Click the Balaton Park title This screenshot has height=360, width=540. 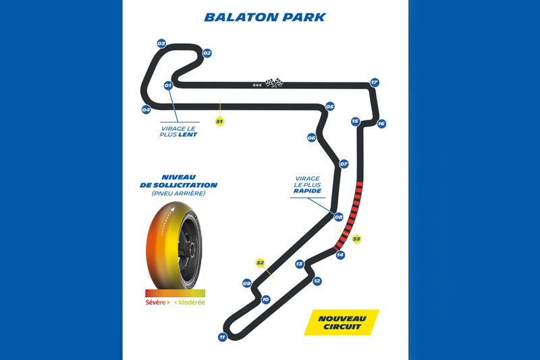point(265,16)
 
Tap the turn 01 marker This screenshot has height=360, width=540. point(168,86)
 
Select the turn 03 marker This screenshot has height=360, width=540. point(161,43)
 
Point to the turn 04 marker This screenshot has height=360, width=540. point(146,109)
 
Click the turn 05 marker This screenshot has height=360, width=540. point(330,106)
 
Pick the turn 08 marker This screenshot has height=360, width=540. point(339,217)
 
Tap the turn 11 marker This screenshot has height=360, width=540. point(222,337)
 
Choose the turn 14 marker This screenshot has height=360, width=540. point(340,255)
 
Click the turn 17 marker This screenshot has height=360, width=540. point(375,82)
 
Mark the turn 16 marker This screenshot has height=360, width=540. point(381,124)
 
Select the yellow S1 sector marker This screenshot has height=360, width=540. point(219,122)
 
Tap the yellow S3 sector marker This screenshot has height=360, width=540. point(357,238)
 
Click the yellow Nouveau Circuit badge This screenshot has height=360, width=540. point(341,322)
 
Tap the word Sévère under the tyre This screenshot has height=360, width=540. point(157,302)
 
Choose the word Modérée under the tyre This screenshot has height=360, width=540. point(192,302)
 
